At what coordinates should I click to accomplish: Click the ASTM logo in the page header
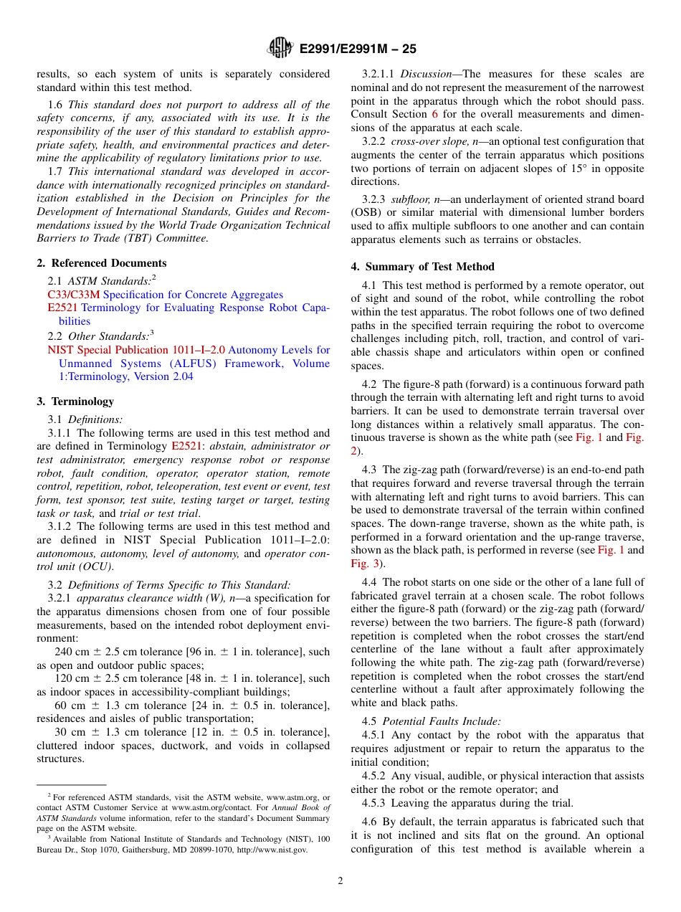[280, 48]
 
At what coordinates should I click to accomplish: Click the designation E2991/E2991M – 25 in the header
[357, 49]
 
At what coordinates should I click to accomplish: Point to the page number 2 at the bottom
[340, 881]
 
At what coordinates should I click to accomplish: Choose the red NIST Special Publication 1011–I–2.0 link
[136, 350]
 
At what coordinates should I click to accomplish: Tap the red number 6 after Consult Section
[434, 115]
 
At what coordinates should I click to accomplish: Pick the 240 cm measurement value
[71, 652]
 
